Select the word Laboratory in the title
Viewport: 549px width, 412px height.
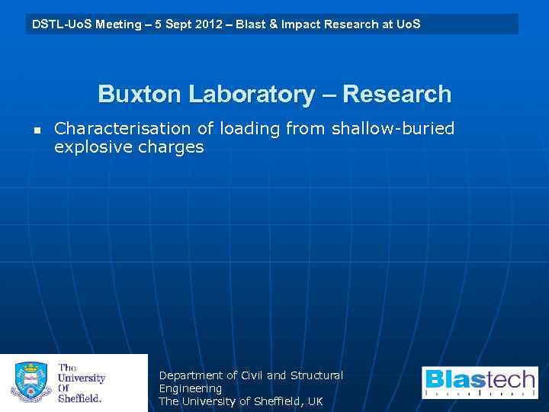(x=251, y=95)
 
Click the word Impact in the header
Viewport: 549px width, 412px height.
(x=299, y=24)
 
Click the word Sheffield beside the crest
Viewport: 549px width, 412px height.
(x=80, y=398)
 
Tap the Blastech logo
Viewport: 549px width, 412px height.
(x=480, y=382)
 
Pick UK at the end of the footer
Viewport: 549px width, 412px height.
(x=315, y=401)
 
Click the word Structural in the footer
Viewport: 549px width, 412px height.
(x=316, y=375)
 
